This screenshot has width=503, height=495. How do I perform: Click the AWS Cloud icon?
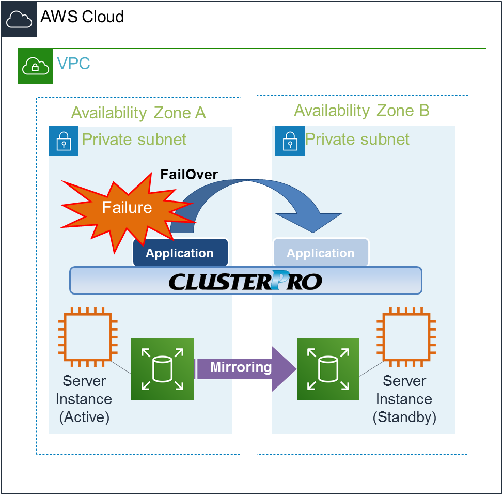(19, 19)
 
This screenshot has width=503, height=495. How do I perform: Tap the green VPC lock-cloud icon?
(35, 66)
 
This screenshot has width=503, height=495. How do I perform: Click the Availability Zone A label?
(138, 113)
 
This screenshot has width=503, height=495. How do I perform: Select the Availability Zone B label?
(361, 111)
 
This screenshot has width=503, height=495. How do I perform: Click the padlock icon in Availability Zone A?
(64, 141)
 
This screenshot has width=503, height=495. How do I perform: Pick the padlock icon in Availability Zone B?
(290, 141)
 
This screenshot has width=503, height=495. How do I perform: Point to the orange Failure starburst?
(127, 208)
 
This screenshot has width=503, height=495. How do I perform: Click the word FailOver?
(189, 174)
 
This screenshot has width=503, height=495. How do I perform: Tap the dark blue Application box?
(180, 253)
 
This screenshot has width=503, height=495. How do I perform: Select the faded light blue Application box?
(321, 253)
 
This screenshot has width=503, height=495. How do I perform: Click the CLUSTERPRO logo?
(246, 281)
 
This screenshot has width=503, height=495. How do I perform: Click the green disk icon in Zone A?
(162, 369)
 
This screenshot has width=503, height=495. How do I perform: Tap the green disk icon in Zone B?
(328, 369)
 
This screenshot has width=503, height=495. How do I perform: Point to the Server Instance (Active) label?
(84, 399)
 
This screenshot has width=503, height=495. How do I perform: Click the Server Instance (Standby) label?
(404, 399)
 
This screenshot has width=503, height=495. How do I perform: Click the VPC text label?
(73, 64)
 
